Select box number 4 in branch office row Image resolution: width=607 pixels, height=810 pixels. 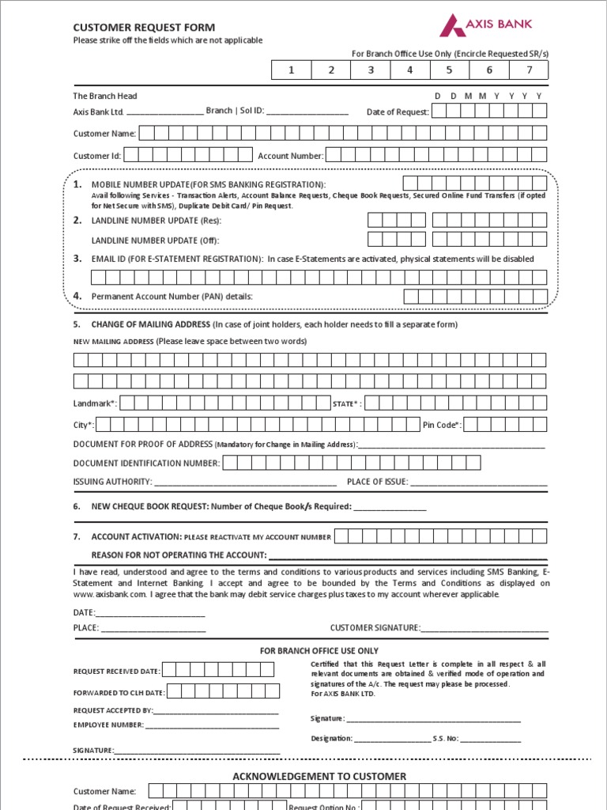(x=409, y=70)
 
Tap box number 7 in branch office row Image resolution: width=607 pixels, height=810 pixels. (x=529, y=70)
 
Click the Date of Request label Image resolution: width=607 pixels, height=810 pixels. (x=398, y=112)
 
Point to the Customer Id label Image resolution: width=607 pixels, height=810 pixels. (x=97, y=156)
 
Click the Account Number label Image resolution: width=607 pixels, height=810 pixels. (x=290, y=156)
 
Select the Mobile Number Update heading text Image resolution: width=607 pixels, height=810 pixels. (x=208, y=184)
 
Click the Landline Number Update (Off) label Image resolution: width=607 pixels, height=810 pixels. (x=155, y=240)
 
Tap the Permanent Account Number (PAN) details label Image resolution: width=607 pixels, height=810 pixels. (x=172, y=296)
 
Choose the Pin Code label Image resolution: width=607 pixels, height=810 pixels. (x=442, y=425)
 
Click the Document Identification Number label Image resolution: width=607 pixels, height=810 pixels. (x=146, y=463)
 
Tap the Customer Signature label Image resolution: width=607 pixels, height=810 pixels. (x=375, y=627)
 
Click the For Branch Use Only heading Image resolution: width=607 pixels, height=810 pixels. (x=319, y=651)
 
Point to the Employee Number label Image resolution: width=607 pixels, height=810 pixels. (x=108, y=725)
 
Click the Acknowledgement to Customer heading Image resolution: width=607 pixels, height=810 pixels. (x=319, y=776)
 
